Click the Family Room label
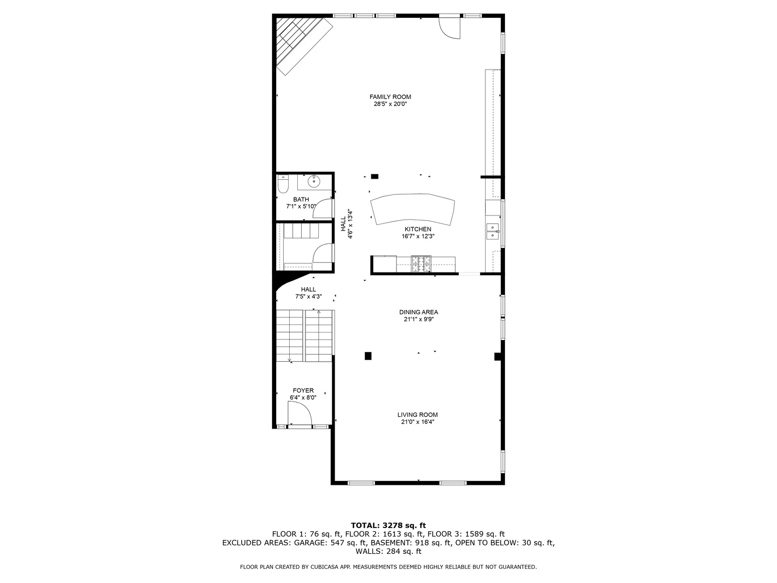point(390,97)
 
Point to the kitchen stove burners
point(421,264)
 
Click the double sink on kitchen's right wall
point(493,231)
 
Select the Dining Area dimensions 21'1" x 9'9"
point(418,319)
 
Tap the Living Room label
point(418,415)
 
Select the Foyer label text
point(303,390)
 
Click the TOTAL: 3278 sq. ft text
point(388,525)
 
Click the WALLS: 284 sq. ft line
point(388,551)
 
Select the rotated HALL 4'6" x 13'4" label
point(346,225)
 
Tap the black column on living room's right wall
point(497,356)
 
